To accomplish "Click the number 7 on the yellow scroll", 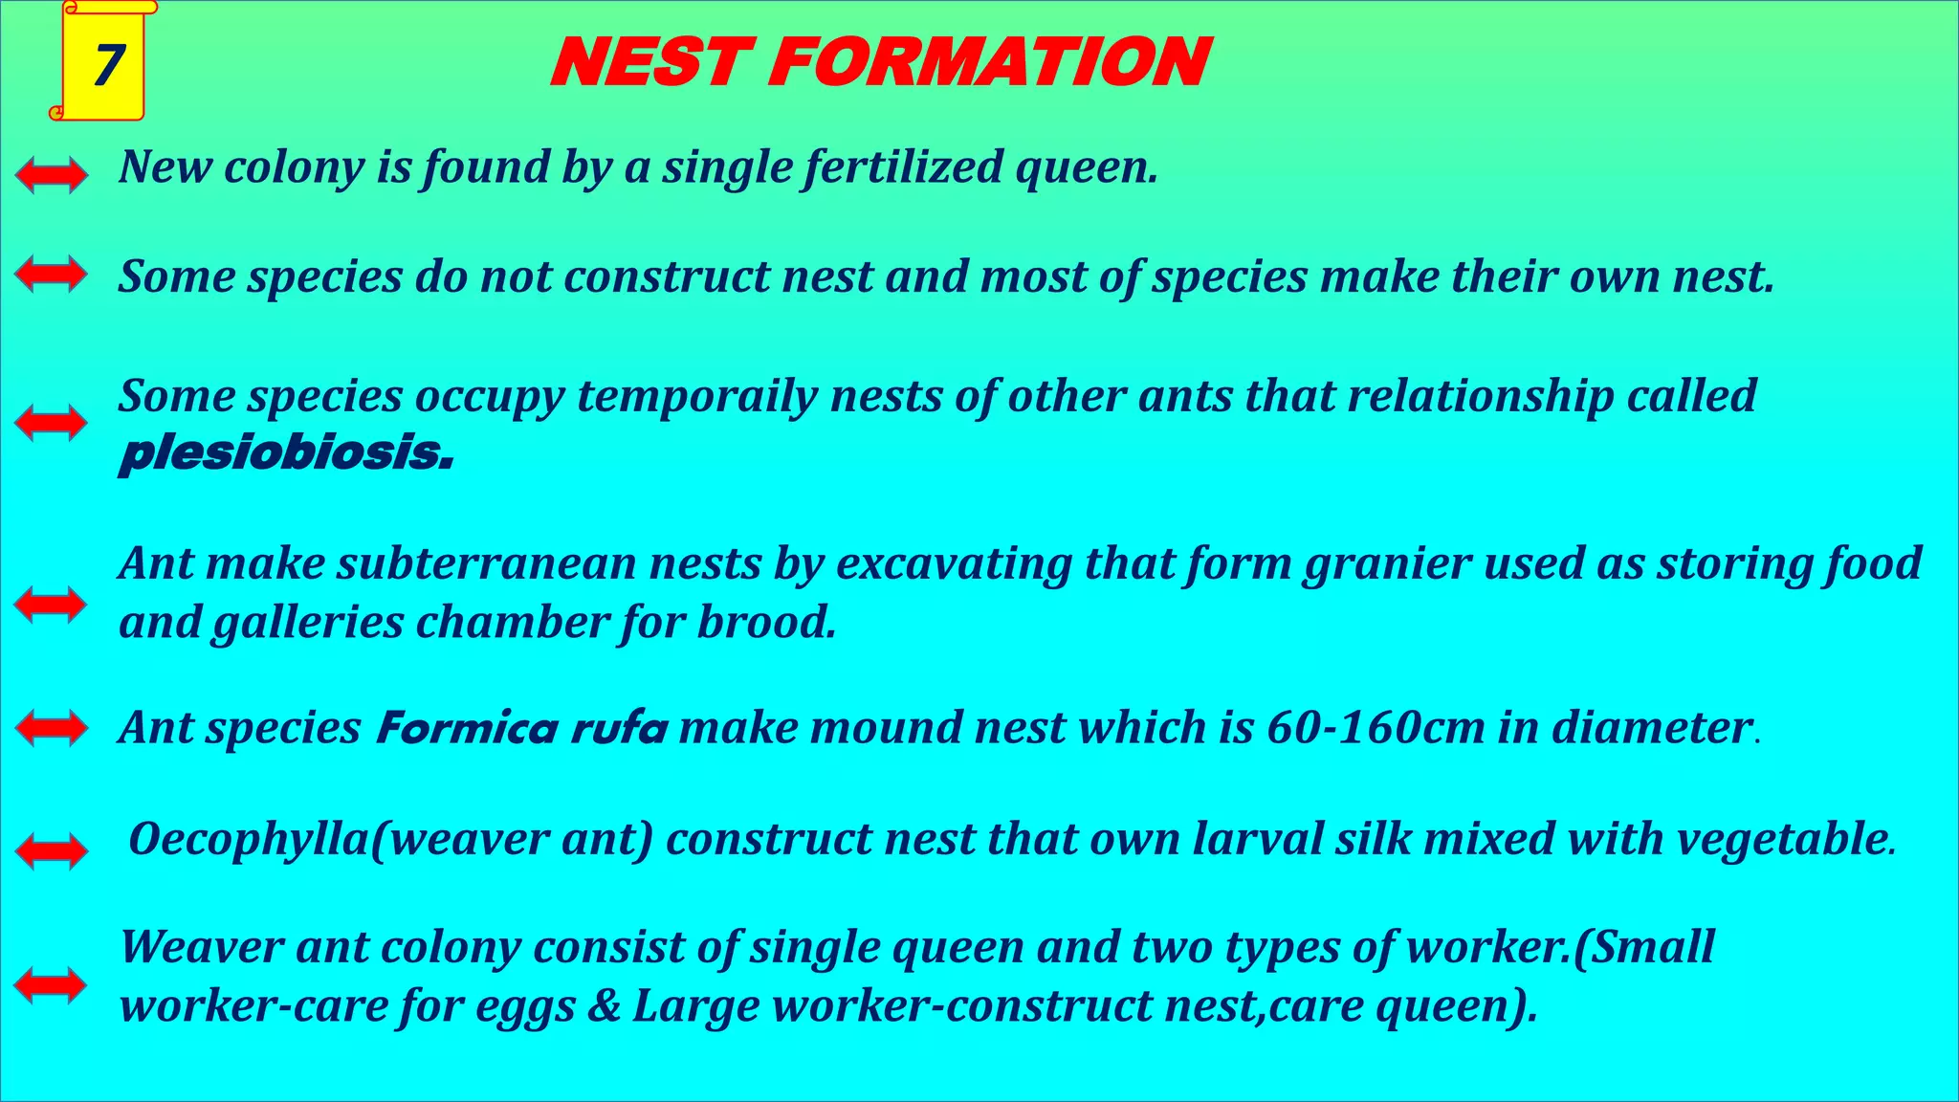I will pos(107,65).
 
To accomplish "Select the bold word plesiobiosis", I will pos(285,453).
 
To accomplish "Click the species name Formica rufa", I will pos(522,729).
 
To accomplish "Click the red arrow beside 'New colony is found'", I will pos(52,175).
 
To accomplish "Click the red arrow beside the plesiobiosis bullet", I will pos(52,423).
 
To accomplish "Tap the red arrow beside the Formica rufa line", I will pos(52,728).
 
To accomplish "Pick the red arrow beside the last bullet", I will pos(52,985).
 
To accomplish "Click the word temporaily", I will pos(696,397).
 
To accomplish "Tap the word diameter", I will pos(1652,728).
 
